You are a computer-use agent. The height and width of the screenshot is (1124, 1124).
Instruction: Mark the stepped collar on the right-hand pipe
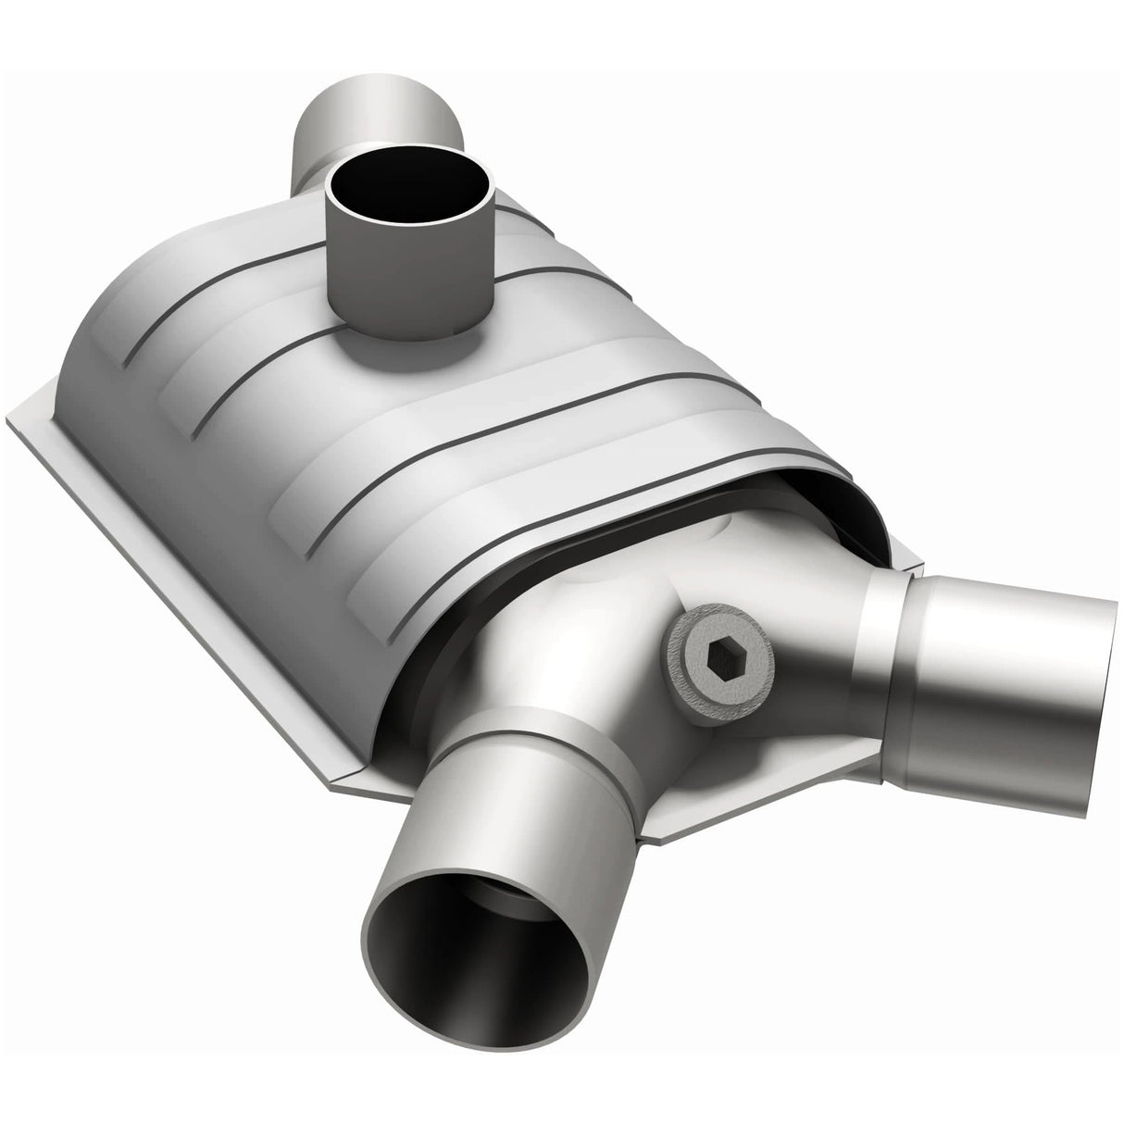point(884,639)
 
